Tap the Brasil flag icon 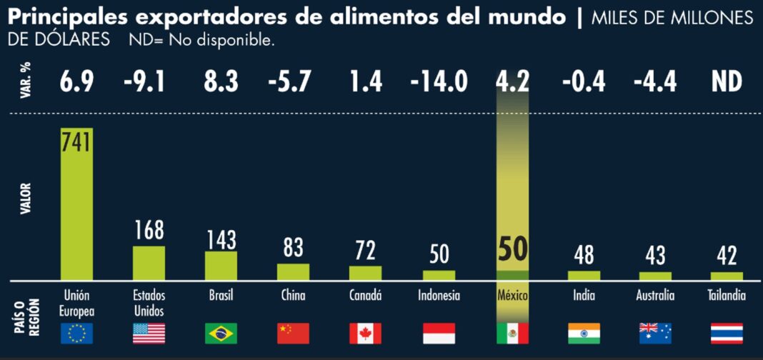[221, 333]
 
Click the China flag [293, 333]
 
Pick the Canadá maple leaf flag [365, 333]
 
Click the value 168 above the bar [149, 230]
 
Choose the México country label [512, 295]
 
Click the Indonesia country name [439, 295]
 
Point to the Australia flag [655, 333]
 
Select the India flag [584, 333]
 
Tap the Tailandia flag [727, 333]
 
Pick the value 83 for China [293, 249]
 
